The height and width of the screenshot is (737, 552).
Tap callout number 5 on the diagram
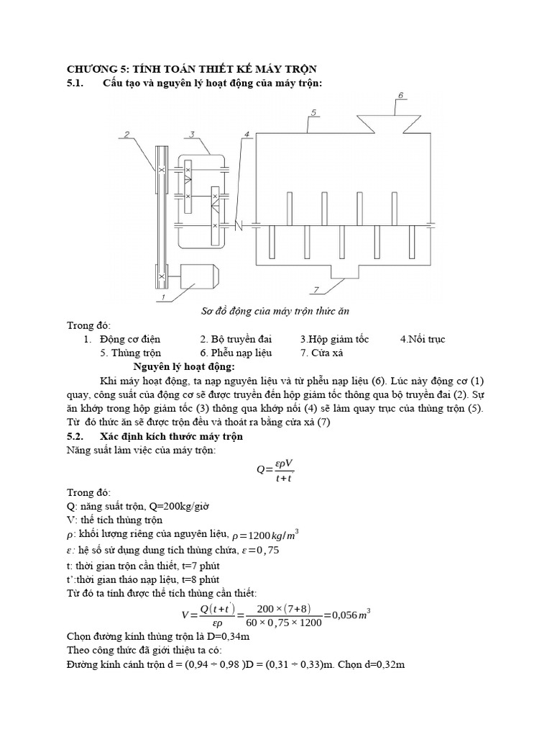(x=314, y=112)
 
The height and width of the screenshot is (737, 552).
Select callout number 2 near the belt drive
(x=126, y=134)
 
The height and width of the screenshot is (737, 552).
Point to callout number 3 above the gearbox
(x=192, y=135)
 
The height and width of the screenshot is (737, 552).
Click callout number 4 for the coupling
(x=247, y=135)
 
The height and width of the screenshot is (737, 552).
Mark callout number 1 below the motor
(x=163, y=297)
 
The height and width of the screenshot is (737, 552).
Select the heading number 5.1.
(x=75, y=83)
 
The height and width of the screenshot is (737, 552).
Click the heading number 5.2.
(x=75, y=436)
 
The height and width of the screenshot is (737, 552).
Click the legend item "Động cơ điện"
(x=130, y=339)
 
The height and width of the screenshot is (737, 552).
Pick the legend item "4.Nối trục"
(x=423, y=339)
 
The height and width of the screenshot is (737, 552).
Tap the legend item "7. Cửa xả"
(x=324, y=353)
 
